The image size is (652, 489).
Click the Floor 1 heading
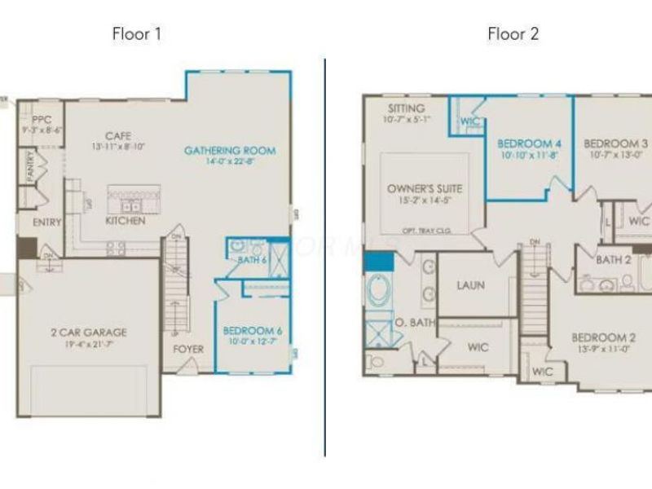click(x=137, y=34)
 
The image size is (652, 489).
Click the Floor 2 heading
click(x=513, y=34)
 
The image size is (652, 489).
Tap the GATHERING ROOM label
click(x=229, y=150)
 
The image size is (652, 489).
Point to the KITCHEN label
click(x=126, y=221)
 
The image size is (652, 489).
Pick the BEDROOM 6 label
click(x=253, y=331)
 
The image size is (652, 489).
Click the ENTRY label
click(x=46, y=222)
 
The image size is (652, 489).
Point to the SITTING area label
click(x=406, y=108)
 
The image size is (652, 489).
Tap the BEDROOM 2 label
click(x=603, y=337)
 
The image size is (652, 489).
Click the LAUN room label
click(x=471, y=286)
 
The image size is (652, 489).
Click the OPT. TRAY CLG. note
click(x=425, y=231)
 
